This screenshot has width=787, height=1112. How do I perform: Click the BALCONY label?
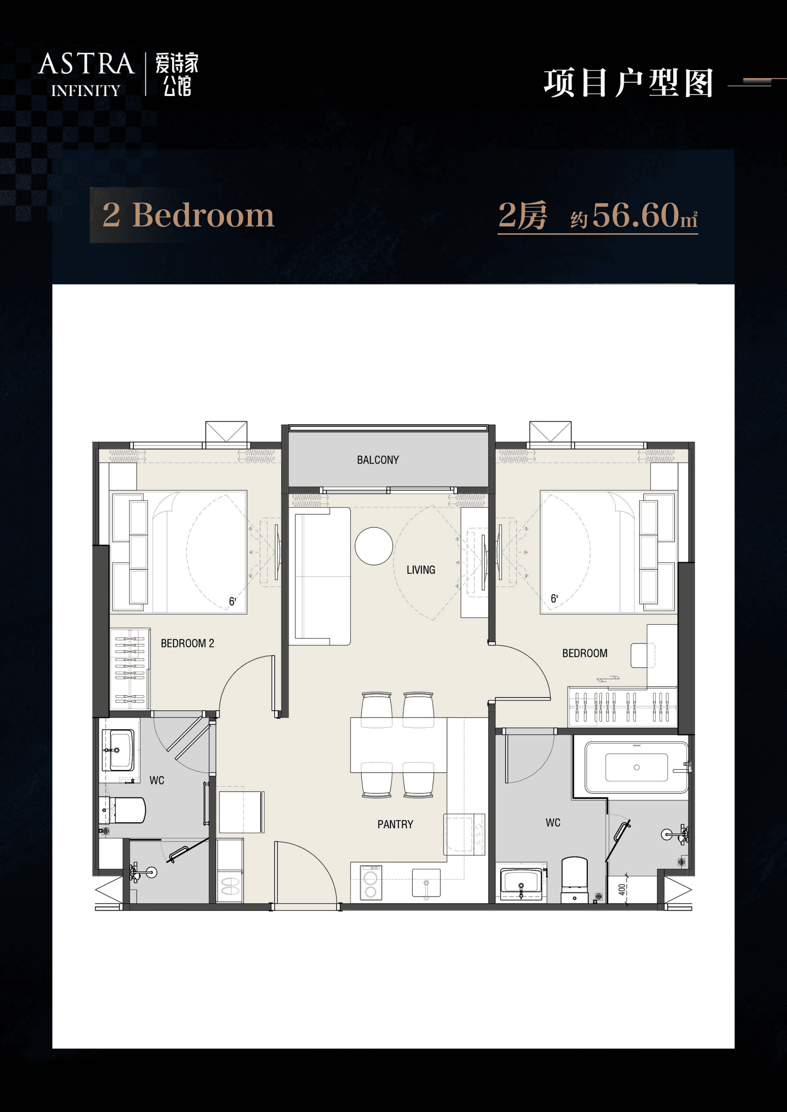pyautogui.click(x=378, y=460)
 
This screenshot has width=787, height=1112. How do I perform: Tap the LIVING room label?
pyautogui.click(x=421, y=570)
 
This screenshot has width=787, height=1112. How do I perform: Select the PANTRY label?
pyautogui.click(x=395, y=824)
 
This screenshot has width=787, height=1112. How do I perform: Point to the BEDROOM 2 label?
pyautogui.click(x=187, y=643)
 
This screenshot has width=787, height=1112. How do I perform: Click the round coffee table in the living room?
pyautogui.click(x=374, y=546)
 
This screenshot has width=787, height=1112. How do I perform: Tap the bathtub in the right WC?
pyautogui.click(x=636, y=767)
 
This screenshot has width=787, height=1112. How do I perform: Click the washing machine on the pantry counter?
pyautogui.click(x=371, y=882)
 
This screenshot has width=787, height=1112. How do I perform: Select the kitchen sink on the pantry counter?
pyautogui.click(x=426, y=883)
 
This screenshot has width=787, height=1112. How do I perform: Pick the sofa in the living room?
pyautogui.click(x=323, y=576)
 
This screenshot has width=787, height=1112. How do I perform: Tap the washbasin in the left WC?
pyautogui.click(x=118, y=750)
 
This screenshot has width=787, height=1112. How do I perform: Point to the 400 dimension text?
pyautogui.click(x=622, y=890)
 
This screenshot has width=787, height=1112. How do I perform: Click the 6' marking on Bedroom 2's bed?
pyautogui.click(x=232, y=602)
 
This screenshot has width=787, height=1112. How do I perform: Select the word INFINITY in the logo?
pyautogui.click(x=86, y=91)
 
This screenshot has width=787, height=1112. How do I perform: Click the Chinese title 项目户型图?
pyautogui.click(x=628, y=83)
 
